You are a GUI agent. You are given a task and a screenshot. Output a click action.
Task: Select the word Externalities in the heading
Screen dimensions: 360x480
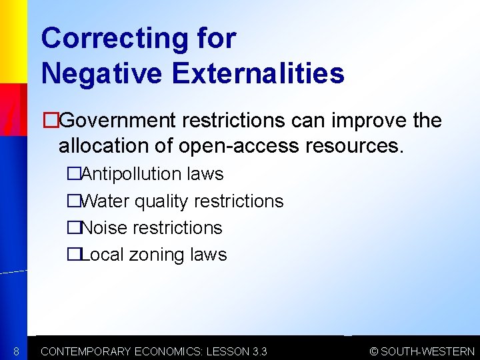[x=258, y=73]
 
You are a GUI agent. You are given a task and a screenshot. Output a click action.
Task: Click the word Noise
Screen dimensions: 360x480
[x=104, y=227]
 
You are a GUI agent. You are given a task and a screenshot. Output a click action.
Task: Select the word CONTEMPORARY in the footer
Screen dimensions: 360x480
[x=86, y=351]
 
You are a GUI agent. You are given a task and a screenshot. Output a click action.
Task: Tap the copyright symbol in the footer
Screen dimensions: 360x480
[x=374, y=351]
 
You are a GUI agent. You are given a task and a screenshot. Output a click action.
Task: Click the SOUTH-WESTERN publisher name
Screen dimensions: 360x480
[x=427, y=351]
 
